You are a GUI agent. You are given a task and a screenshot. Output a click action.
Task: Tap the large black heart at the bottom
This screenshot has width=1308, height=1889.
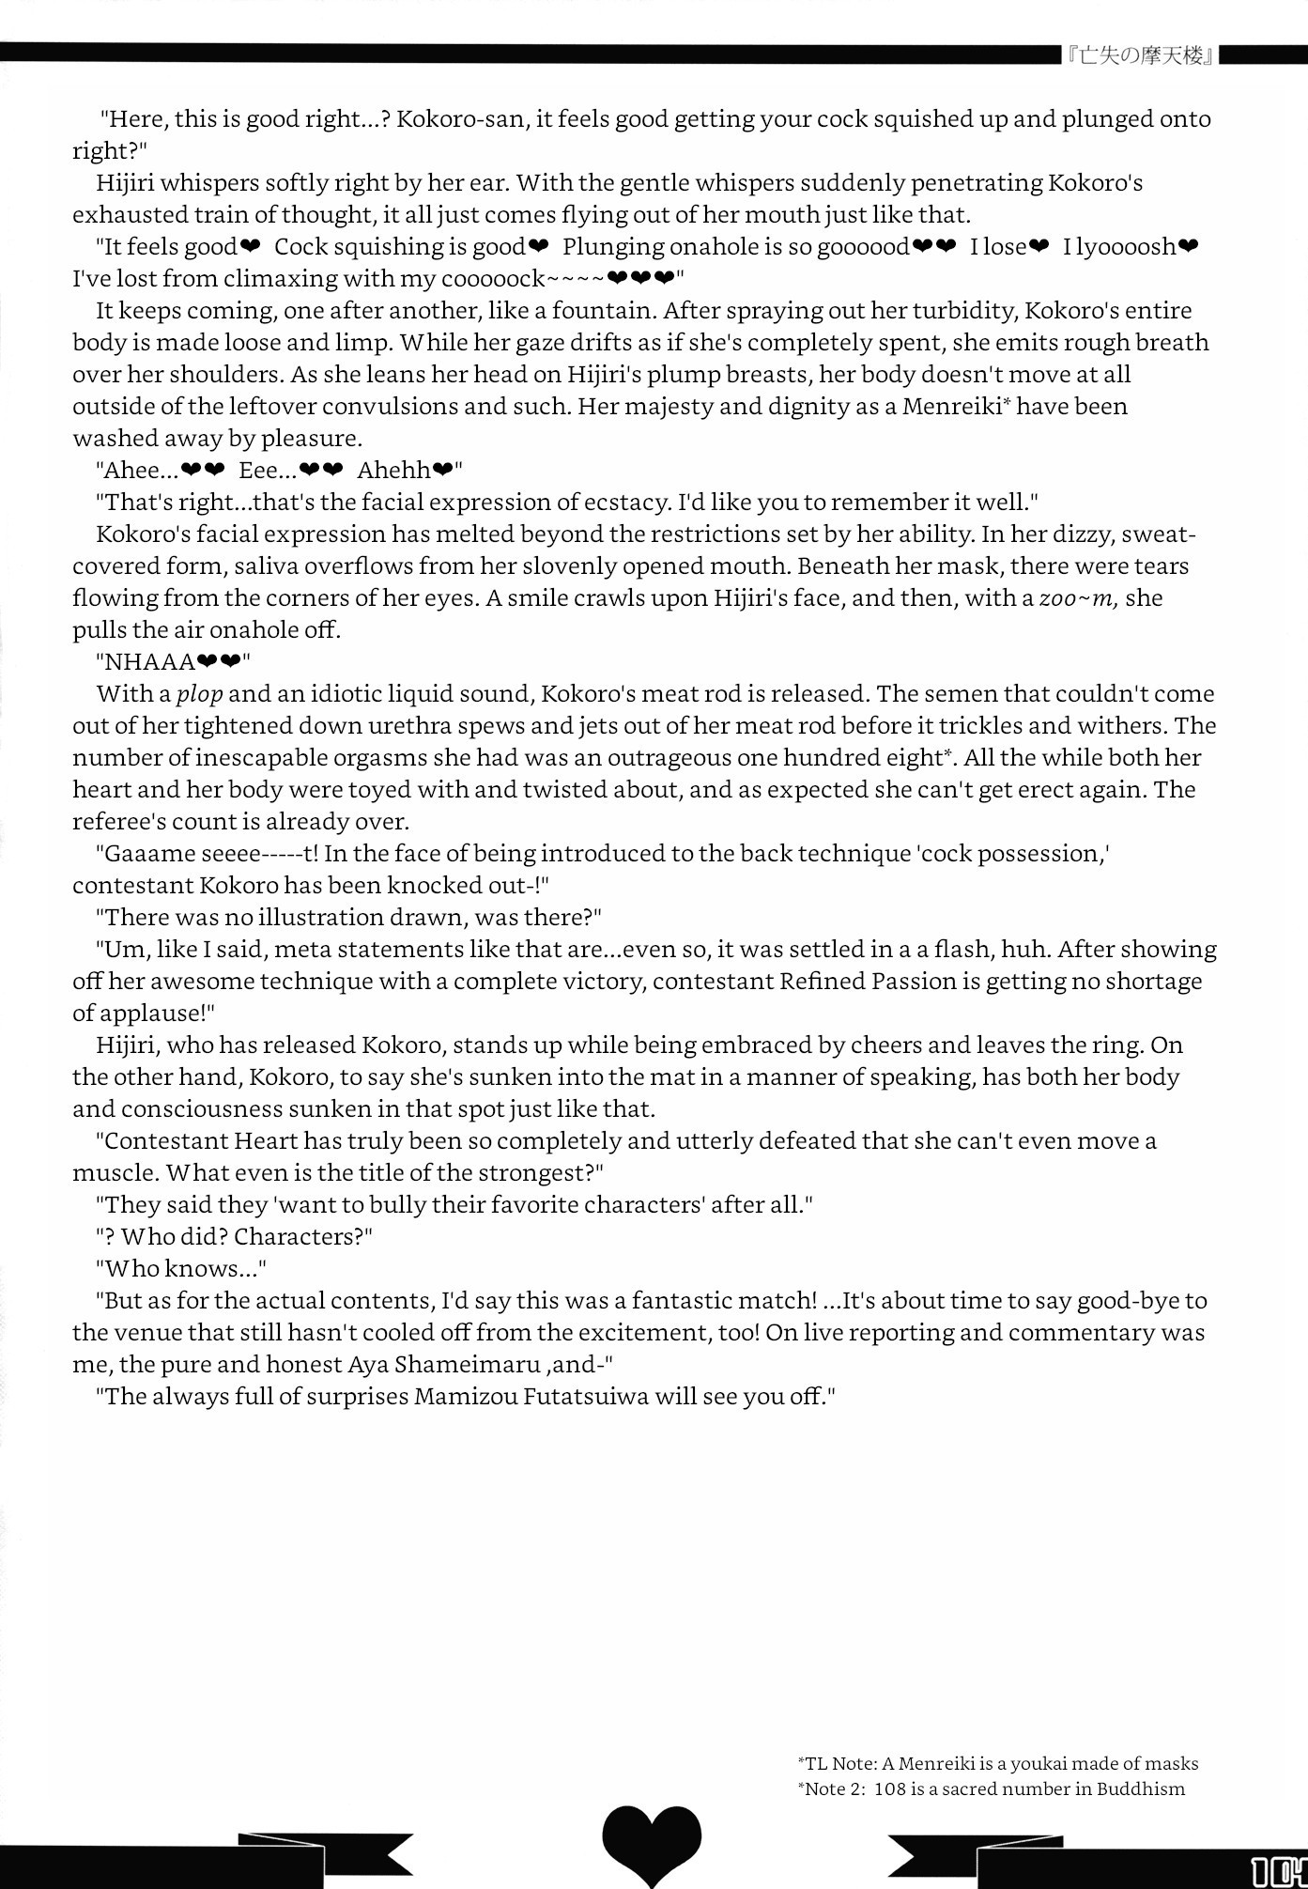coord(652,1841)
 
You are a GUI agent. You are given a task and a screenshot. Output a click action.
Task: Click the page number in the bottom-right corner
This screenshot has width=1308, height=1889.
coord(1279,1870)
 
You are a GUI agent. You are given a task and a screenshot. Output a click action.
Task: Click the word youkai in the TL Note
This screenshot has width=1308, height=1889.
coord(1010,1763)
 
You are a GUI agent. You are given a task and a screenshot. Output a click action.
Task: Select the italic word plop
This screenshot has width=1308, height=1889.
coord(199,694)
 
